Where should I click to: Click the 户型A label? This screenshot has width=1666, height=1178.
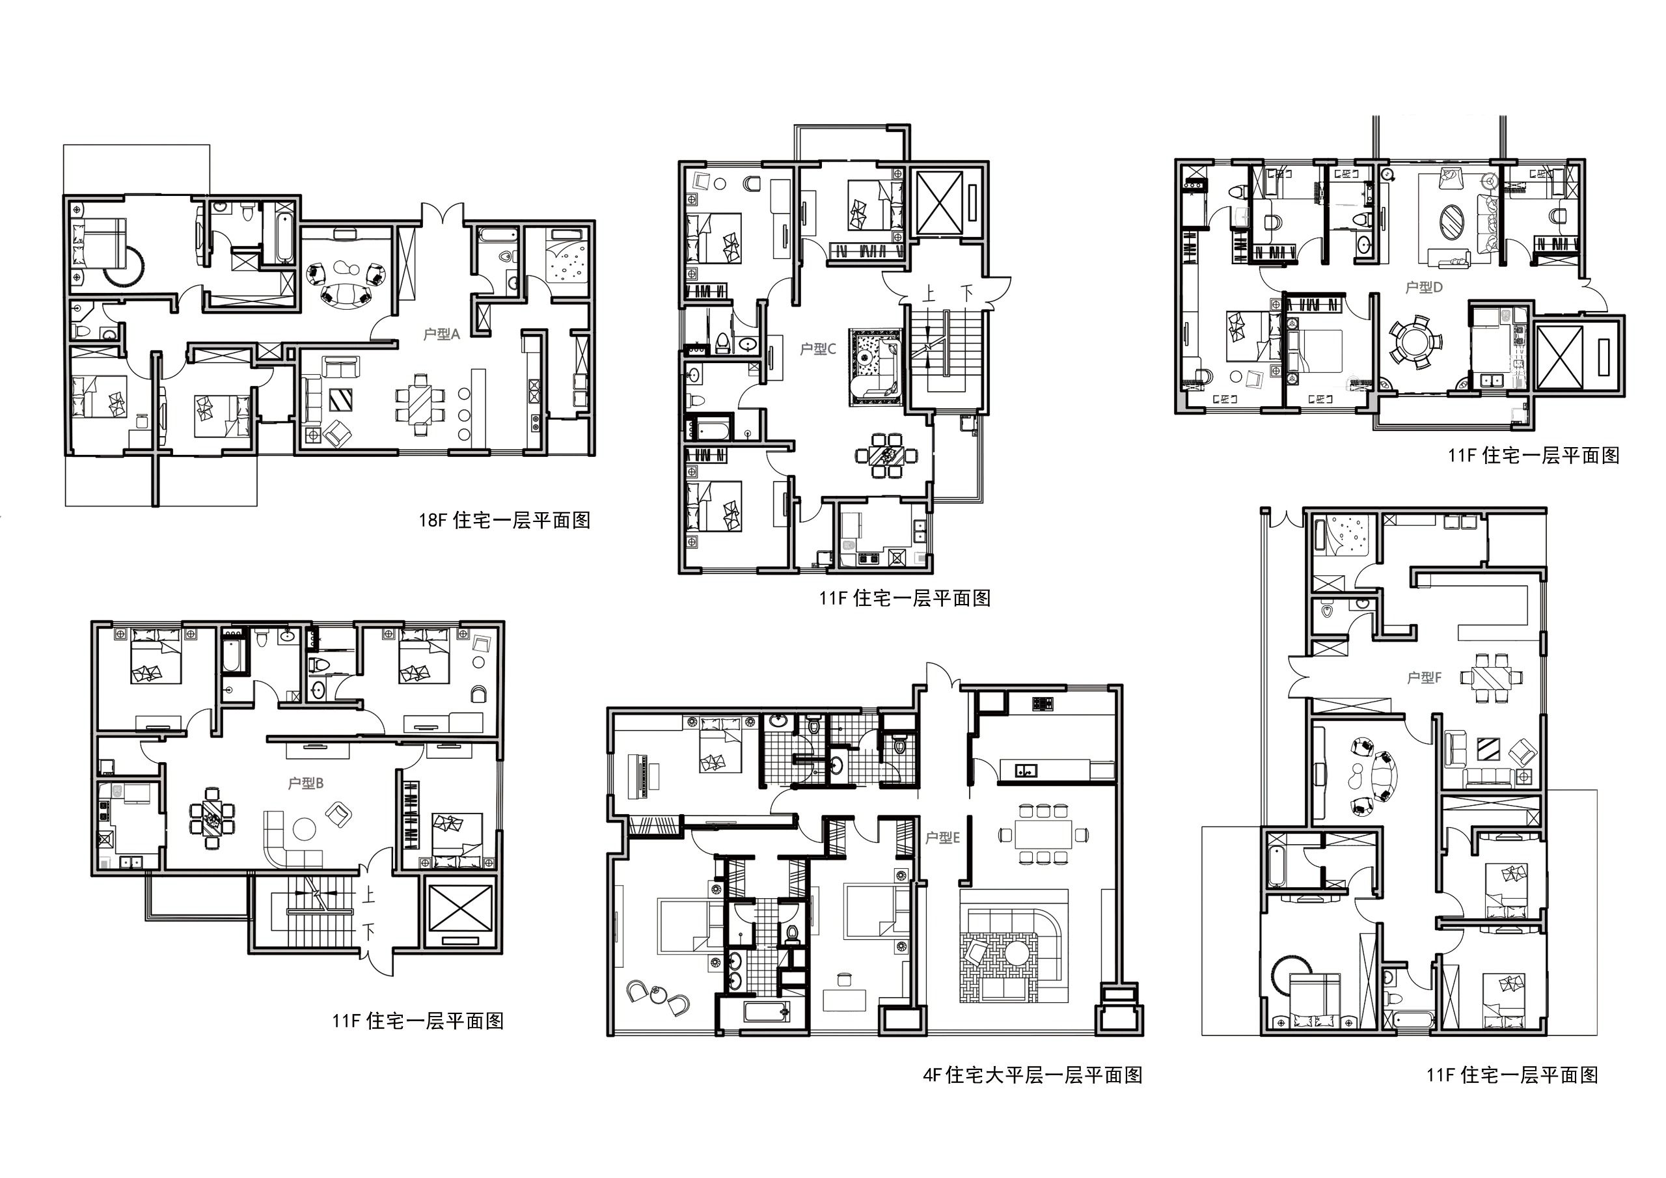point(441,335)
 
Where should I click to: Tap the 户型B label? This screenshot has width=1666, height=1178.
point(305,783)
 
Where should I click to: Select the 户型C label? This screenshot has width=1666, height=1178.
point(818,349)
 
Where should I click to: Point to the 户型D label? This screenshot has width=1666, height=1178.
point(1424,288)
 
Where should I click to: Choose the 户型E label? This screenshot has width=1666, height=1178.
point(942,838)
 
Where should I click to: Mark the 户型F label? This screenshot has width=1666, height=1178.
point(1424,678)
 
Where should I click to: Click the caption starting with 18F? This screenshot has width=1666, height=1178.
point(504,521)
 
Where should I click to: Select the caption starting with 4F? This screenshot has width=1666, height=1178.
point(1033,1075)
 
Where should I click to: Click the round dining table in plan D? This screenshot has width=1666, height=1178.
point(1415,341)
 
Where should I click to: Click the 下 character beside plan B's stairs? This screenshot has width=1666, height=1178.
point(368,931)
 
